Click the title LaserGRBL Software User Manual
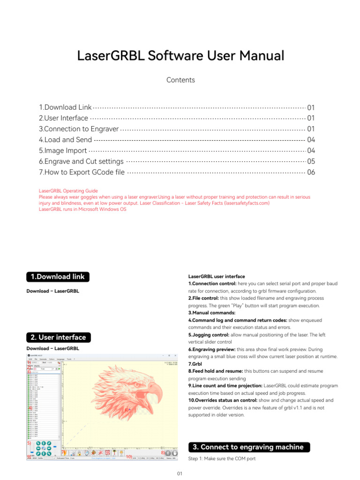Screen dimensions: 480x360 click(x=180, y=56)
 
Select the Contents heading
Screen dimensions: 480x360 click(x=180, y=80)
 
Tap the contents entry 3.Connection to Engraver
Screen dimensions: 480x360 click(x=79, y=129)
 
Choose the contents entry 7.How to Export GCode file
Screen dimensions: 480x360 click(x=82, y=172)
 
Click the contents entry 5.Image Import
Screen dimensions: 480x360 click(x=63, y=151)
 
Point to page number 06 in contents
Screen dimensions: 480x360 click(x=311, y=172)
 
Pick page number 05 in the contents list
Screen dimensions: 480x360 click(x=311, y=162)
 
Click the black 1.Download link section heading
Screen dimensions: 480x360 click(x=58, y=277)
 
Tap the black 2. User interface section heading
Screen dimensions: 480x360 click(x=58, y=337)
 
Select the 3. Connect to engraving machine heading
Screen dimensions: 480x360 click(x=249, y=447)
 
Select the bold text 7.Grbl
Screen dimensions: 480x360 click(x=196, y=364)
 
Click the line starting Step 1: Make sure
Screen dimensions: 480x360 click(x=222, y=459)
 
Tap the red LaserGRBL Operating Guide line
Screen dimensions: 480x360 click(x=68, y=191)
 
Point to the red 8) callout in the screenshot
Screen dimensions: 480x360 click(x=162, y=453)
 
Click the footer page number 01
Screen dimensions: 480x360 click(x=180, y=474)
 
